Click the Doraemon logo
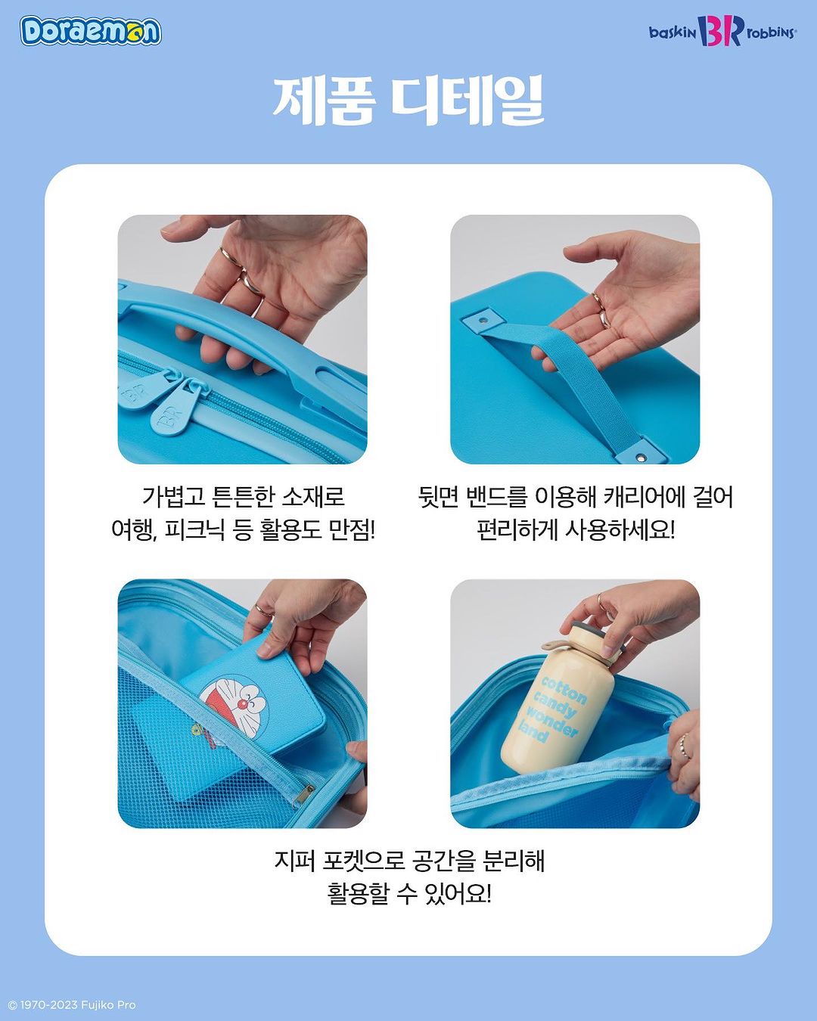tap(90, 31)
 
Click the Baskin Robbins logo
tap(722, 31)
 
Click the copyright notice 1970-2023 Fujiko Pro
tap(72, 1005)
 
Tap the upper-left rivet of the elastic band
tap(483, 320)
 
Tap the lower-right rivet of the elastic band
tap(642, 458)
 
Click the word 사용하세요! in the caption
tap(620, 530)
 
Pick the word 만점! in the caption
tap(352, 530)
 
